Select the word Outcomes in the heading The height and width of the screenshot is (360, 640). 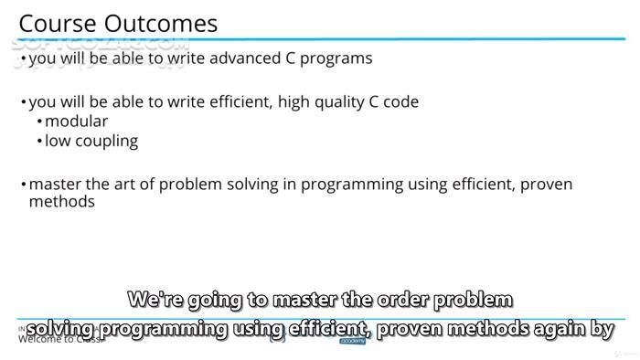coord(162,23)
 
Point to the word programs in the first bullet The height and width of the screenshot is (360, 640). coord(336,58)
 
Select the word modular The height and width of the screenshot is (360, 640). coord(76,122)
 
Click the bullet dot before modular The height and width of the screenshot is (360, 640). coord(39,122)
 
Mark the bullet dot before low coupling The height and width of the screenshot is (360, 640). coord(39,142)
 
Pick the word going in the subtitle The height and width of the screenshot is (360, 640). coord(219,299)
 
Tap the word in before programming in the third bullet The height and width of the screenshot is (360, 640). coord(289,185)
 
